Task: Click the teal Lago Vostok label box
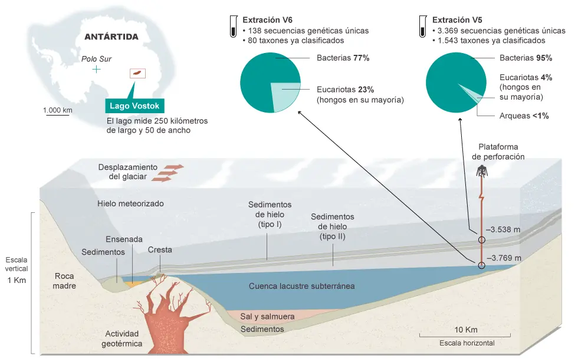pyautogui.click(x=134, y=106)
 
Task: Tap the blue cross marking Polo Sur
pyautogui.click(x=96, y=70)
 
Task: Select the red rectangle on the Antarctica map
pyautogui.click(x=137, y=73)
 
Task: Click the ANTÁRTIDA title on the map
pyautogui.click(x=111, y=37)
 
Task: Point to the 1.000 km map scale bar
pyautogui.click(x=57, y=115)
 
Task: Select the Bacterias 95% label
pyautogui.click(x=526, y=58)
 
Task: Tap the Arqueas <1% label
pyautogui.click(x=524, y=116)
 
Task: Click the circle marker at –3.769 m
pyautogui.click(x=482, y=265)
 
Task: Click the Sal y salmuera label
pyautogui.click(x=267, y=316)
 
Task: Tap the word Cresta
pyautogui.click(x=160, y=249)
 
